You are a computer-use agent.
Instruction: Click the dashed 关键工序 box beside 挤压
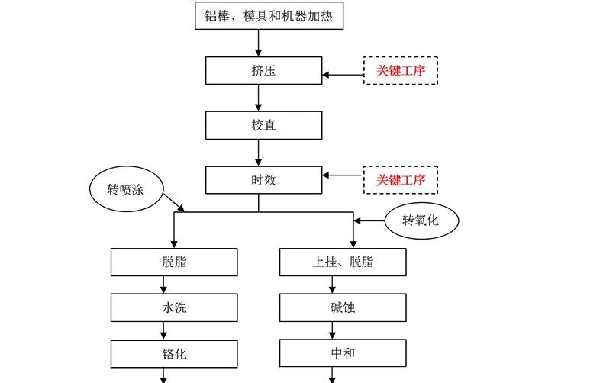tap(400, 71)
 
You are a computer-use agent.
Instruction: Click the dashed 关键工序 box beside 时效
tap(400, 180)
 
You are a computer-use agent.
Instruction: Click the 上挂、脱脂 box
tap(343, 262)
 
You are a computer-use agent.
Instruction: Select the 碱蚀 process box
tap(343, 308)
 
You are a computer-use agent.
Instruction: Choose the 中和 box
tap(343, 354)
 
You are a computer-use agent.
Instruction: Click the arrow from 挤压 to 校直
tap(259, 98)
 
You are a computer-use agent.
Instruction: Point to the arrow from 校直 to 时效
tap(259, 153)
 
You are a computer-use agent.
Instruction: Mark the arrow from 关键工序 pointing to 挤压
tap(342, 75)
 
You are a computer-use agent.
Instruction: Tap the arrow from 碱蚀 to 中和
tap(332, 331)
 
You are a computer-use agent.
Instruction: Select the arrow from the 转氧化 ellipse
tap(369, 221)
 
